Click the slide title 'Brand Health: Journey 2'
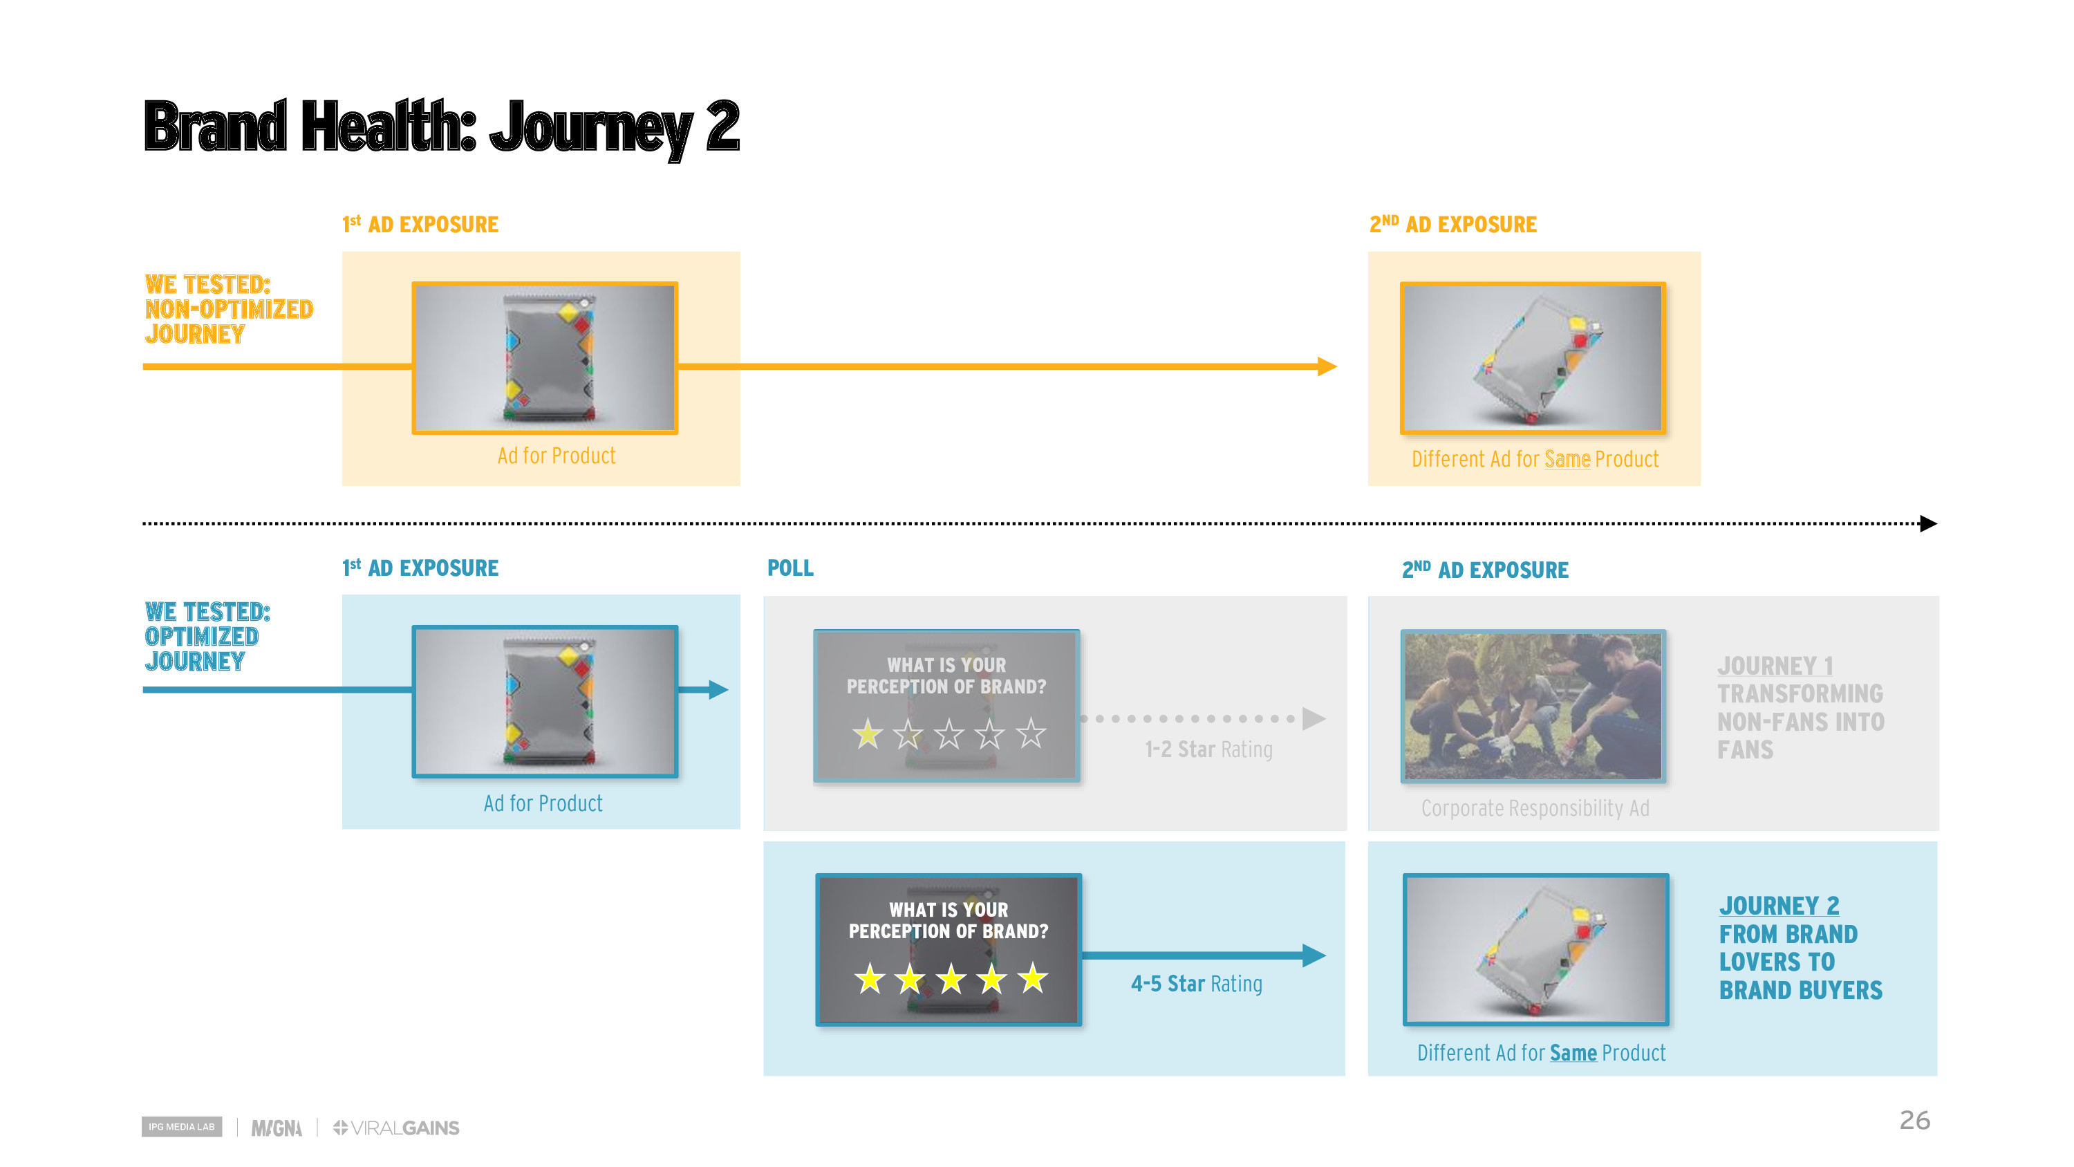point(441,127)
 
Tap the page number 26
point(1914,1120)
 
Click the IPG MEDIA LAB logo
point(182,1127)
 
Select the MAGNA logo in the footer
point(276,1128)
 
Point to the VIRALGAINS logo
point(396,1128)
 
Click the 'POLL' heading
point(790,568)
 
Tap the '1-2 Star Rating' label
point(1208,749)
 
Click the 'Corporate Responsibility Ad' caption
point(1535,807)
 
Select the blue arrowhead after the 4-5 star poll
point(1314,955)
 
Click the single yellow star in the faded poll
point(868,734)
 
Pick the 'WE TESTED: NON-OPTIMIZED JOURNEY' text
point(229,309)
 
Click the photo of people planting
point(1533,705)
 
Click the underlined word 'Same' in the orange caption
point(1567,459)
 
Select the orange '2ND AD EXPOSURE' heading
point(1452,224)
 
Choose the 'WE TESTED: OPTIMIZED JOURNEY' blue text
point(207,636)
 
